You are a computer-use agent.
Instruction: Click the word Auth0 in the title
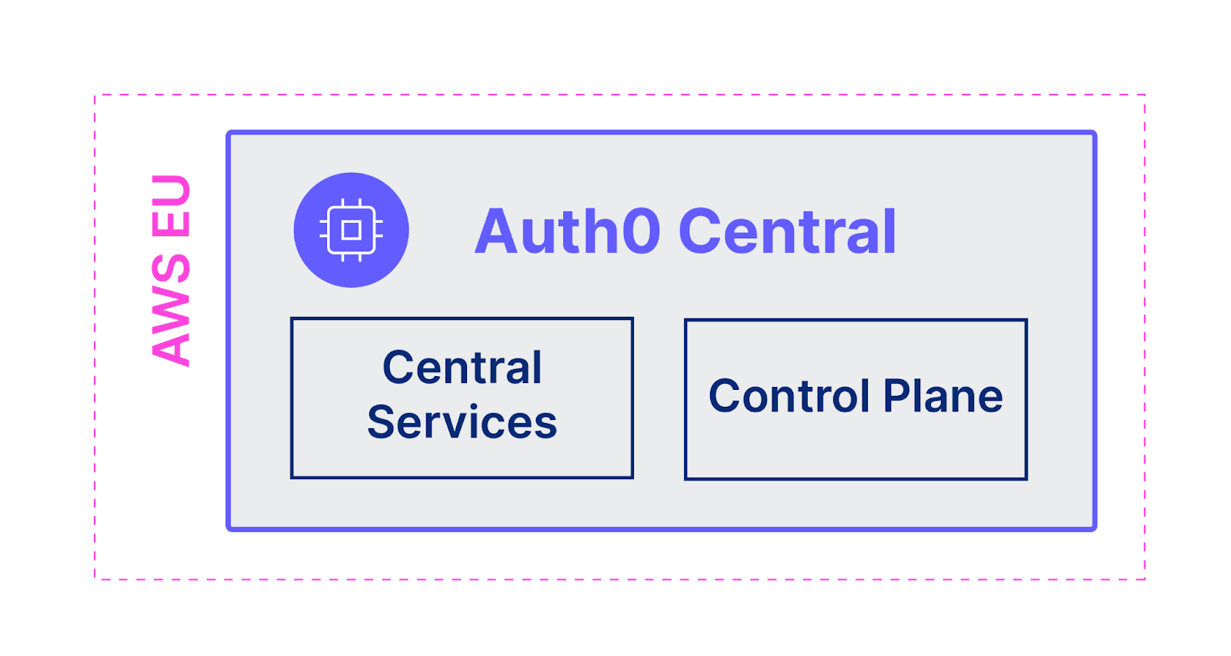tap(567, 231)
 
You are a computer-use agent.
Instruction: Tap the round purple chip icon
tap(351, 230)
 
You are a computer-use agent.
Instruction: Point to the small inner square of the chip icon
tap(351, 230)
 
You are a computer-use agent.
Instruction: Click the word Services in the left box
tap(462, 422)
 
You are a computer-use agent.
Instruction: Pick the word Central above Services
tap(462, 368)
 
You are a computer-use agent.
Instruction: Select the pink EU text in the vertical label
tap(171, 205)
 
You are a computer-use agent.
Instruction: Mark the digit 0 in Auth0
tap(640, 231)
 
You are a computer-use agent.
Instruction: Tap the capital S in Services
tap(382, 422)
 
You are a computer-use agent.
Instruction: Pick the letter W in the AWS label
tap(171, 311)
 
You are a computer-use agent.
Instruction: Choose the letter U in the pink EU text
tap(171, 191)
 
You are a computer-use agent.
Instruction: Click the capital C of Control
tap(726, 396)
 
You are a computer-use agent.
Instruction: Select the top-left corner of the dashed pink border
tap(95, 95)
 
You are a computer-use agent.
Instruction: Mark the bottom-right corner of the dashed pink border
tap(1145, 578)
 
